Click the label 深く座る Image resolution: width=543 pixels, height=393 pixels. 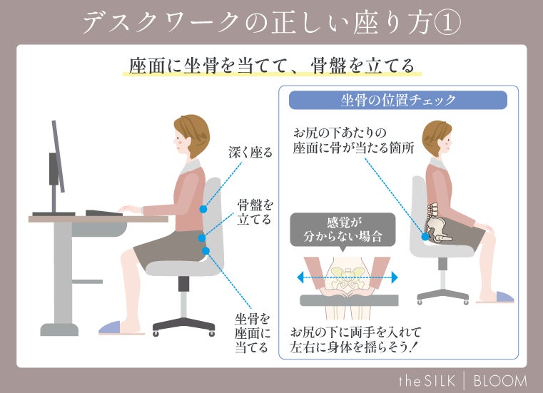(250, 153)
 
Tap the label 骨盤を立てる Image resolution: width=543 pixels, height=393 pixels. (255, 213)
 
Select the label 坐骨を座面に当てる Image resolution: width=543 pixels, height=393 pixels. (252, 333)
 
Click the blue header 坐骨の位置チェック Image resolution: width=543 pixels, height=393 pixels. (398, 100)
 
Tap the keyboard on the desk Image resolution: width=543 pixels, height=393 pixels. (104, 213)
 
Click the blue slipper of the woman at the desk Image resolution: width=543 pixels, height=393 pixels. (110, 327)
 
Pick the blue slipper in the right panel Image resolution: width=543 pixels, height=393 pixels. (504, 297)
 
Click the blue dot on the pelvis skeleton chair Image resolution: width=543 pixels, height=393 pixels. (425, 237)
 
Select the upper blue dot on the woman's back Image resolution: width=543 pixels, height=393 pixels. (203, 209)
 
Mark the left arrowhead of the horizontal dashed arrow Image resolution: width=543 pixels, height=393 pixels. (301, 277)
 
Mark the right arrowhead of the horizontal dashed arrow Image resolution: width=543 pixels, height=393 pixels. (395, 277)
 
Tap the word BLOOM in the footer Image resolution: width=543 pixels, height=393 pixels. (500, 381)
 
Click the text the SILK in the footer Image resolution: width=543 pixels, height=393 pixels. (427, 381)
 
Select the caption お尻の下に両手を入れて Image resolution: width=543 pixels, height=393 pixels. (355, 332)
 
